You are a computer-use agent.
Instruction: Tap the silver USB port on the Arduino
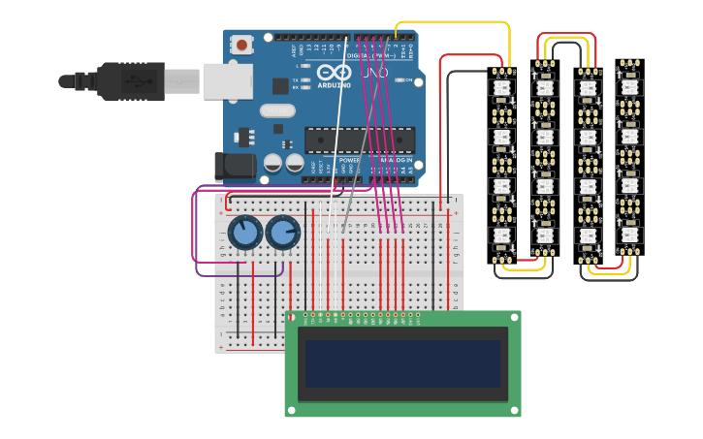click(229, 81)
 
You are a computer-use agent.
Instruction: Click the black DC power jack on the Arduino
click(235, 166)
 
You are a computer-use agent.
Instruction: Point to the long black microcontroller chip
click(359, 140)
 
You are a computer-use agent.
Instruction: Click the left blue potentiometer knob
click(246, 233)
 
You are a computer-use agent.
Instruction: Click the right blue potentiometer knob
click(283, 233)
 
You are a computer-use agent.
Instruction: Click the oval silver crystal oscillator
click(277, 110)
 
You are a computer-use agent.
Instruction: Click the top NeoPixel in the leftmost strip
click(501, 88)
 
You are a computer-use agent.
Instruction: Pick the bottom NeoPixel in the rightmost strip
click(629, 235)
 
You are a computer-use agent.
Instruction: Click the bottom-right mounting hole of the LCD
click(514, 410)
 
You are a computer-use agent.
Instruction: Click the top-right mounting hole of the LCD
click(514, 317)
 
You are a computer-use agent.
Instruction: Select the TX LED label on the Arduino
click(297, 79)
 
